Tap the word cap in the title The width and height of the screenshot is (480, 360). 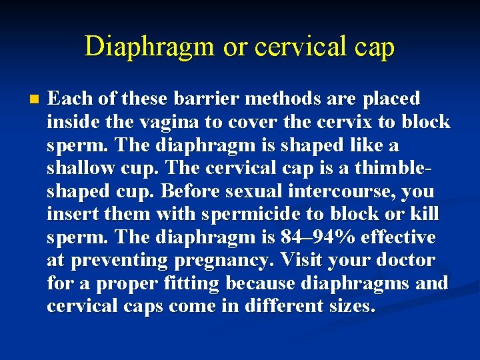coord(374,47)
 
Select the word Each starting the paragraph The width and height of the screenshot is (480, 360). coord(70,99)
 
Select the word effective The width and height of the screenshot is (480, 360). coord(399,237)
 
